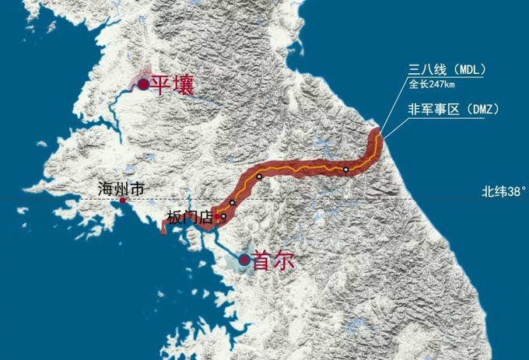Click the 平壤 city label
[x=172, y=84]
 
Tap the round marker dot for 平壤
[x=143, y=85]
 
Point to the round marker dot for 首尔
[x=246, y=260]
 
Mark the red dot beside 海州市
[x=122, y=201]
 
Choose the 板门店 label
[x=190, y=218]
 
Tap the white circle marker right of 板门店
[x=223, y=217]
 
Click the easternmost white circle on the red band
[x=345, y=170]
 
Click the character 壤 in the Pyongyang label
[x=184, y=84]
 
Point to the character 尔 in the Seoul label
[x=286, y=261]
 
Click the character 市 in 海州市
[x=138, y=188]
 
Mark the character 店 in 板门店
[x=206, y=218]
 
